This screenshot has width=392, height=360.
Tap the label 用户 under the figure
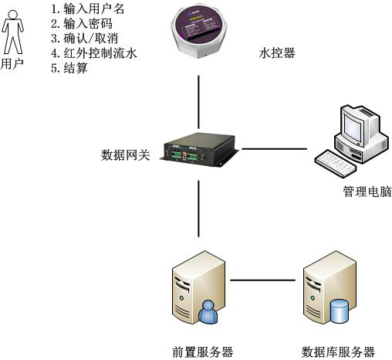pyautogui.click(x=12, y=63)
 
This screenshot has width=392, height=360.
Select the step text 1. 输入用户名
pyautogui.click(x=87, y=8)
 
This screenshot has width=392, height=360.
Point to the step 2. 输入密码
pyautogui.click(x=82, y=23)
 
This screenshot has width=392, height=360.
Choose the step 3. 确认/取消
pyautogui.click(x=85, y=39)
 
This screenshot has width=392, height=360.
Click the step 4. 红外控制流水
pyautogui.click(x=94, y=53)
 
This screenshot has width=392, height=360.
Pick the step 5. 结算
pyautogui.click(x=69, y=68)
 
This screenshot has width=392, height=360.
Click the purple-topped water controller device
pyautogui.click(x=198, y=31)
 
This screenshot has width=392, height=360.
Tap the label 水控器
pyautogui.click(x=277, y=53)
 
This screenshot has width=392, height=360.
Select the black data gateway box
pyautogui.click(x=199, y=150)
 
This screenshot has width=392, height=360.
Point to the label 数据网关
pyautogui.click(x=125, y=155)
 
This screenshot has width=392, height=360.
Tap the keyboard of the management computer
pyautogui.click(x=336, y=163)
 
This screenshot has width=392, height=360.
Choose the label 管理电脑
pyautogui.click(x=367, y=192)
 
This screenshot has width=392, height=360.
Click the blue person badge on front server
pyautogui.click(x=208, y=312)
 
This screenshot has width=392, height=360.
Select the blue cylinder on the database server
pyautogui.click(x=340, y=311)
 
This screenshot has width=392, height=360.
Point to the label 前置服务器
pyautogui.click(x=202, y=352)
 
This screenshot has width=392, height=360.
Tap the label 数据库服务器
pyautogui.click(x=338, y=352)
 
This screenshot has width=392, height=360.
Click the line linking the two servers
pyautogui.click(x=262, y=280)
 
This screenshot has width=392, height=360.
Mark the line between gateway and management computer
pyautogui.click(x=275, y=148)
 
